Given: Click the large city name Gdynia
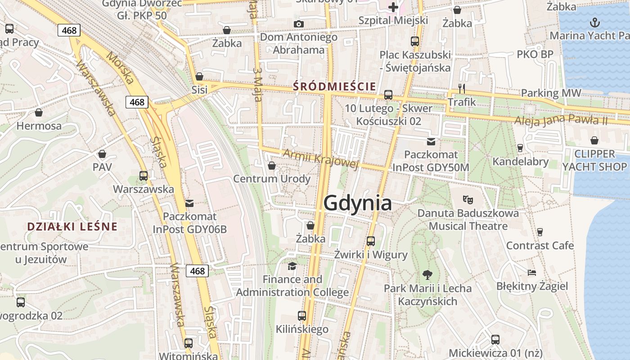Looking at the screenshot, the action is pos(357,203).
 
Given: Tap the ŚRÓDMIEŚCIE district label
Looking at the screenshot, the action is pos(334,85).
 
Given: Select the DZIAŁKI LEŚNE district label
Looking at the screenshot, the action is pos(72,226).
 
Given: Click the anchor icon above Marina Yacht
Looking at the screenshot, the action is pos(595,22).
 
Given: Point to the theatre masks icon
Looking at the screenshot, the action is pos(468,198).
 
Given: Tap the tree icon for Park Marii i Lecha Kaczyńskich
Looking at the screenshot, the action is pos(427,274).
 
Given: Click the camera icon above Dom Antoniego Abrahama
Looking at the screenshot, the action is pos(298,24).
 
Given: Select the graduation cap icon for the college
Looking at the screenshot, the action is pos(292,266).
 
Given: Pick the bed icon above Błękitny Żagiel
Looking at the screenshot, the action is pos(532,272).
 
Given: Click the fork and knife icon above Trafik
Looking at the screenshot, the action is pos(461,88).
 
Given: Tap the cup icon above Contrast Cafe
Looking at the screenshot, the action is pos(540,232).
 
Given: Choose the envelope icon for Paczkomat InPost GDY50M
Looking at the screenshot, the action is pos(431,141).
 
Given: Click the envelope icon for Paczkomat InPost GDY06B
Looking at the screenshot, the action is pos(189,203).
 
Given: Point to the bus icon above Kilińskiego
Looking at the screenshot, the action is pos(302,316).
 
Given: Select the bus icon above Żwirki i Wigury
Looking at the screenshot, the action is pos(370,241).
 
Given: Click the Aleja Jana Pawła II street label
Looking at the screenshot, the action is pos(561,120).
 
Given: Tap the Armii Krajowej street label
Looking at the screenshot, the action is pos(320,160).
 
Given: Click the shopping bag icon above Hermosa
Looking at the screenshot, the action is pos(39,112).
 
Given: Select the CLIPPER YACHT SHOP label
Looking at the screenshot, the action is pos(594,160).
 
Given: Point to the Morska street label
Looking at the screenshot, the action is pos(121,68).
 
